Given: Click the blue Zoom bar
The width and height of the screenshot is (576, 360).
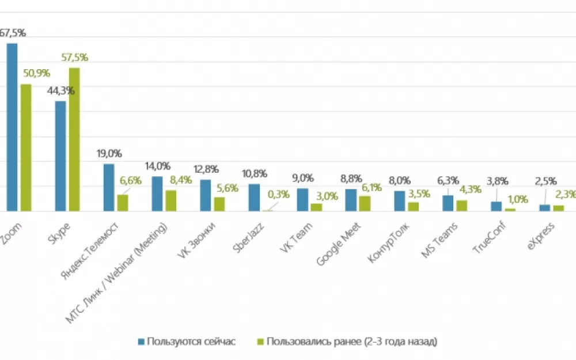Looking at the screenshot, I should [12, 127].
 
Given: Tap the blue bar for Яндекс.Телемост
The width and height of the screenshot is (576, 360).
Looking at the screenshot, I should [109, 188].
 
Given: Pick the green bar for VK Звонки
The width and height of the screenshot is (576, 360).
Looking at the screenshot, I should [219, 204].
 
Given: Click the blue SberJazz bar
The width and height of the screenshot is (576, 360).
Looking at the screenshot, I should [254, 198].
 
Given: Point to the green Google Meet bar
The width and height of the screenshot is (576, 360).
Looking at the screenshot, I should [365, 204].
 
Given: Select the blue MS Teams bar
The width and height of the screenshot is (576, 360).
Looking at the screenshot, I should [448, 203].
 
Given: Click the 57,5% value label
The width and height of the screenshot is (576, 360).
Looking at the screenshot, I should [74, 58].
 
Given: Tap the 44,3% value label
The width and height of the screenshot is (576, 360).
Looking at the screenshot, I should [60, 91].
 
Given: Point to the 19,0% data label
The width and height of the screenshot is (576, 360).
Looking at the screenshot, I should [109, 154].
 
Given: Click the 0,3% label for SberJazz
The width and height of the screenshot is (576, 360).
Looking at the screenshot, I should [279, 195].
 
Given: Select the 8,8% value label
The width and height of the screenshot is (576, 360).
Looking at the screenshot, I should [351, 179].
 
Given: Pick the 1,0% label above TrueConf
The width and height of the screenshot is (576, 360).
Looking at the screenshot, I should [517, 199].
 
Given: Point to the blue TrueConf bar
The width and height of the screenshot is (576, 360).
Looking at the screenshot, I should [496, 206].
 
